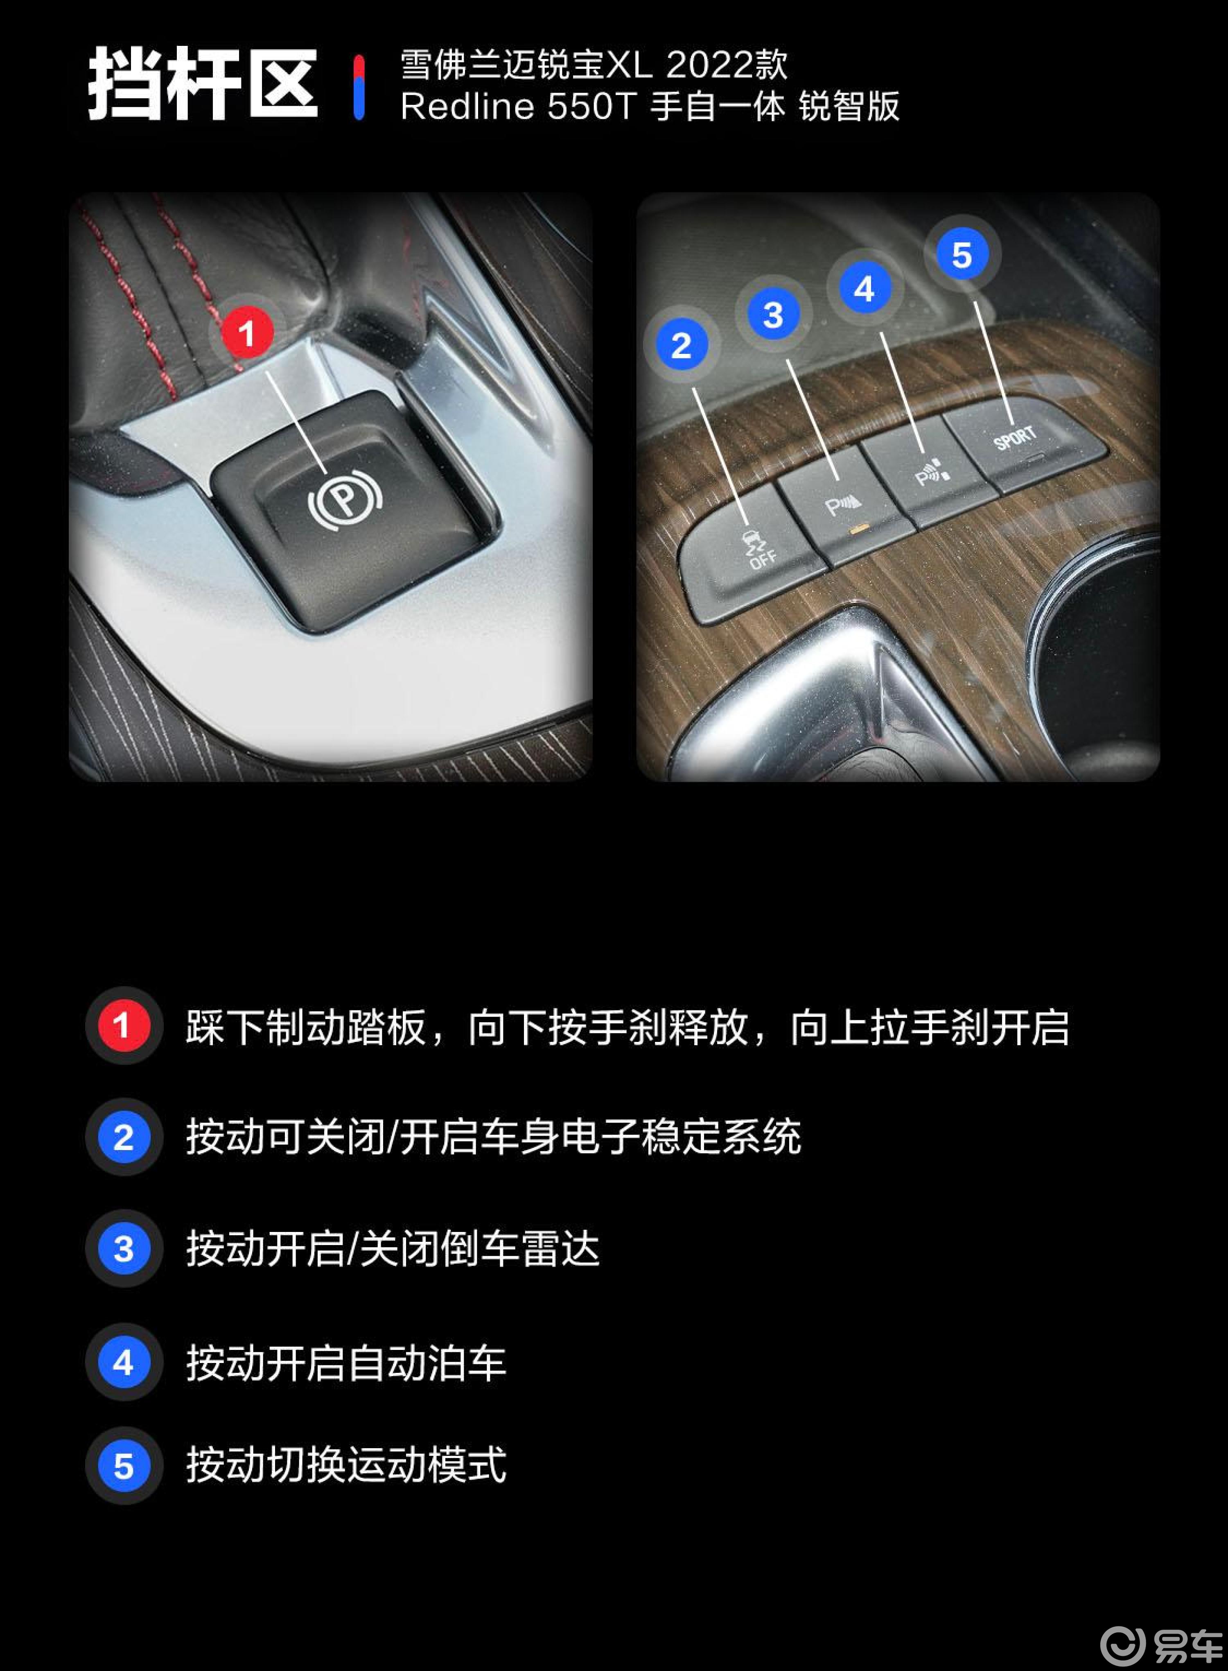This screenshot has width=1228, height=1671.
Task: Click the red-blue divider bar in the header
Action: point(359,87)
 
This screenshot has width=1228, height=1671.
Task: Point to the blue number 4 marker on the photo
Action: point(864,289)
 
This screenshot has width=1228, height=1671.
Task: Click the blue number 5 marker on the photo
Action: point(962,254)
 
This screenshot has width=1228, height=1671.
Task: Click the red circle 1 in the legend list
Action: point(123,1026)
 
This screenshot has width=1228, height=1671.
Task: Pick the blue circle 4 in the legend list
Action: point(123,1362)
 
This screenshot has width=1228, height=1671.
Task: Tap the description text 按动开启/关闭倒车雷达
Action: point(393,1249)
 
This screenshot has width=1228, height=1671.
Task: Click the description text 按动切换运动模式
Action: point(345,1465)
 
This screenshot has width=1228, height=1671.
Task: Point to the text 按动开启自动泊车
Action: point(345,1362)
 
